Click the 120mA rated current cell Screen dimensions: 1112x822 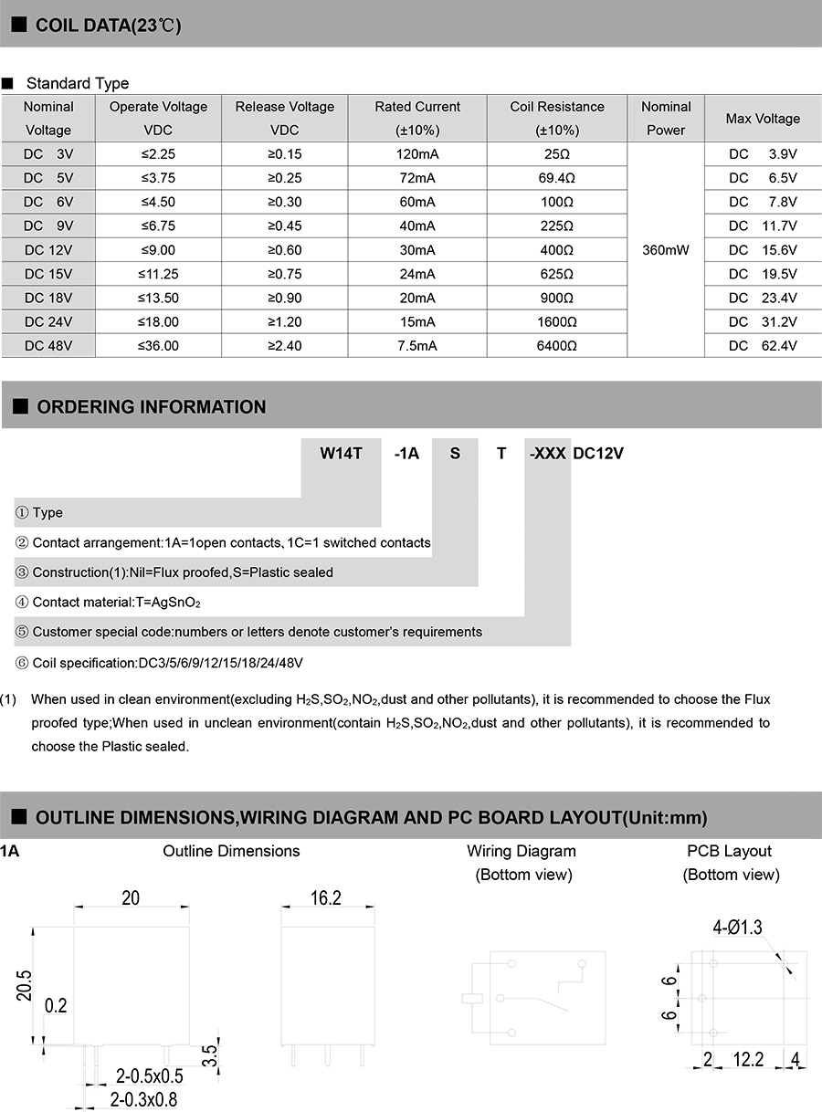click(417, 154)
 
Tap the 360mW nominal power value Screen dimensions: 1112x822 click(666, 250)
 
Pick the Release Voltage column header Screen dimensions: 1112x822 click(285, 118)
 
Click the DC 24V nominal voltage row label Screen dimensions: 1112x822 click(47, 322)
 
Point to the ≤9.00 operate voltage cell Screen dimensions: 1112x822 click(158, 250)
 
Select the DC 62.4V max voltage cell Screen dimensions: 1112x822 click(763, 346)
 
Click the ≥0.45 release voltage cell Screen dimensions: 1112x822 click(285, 226)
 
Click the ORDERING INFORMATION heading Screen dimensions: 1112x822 click(151, 407)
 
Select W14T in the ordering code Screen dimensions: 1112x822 click(342, 454)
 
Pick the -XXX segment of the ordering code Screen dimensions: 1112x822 click(548, 454)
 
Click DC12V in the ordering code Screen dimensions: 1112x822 click(598, 454)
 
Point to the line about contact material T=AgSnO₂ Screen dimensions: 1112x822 click(116, 603)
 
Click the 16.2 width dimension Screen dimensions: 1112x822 click(325, 898)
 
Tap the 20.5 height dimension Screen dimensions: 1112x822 click(25, 986)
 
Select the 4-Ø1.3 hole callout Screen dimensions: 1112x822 click(737, 928)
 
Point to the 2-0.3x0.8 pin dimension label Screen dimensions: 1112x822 click(143, 1099)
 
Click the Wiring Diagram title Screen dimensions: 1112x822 click(522, 851)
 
